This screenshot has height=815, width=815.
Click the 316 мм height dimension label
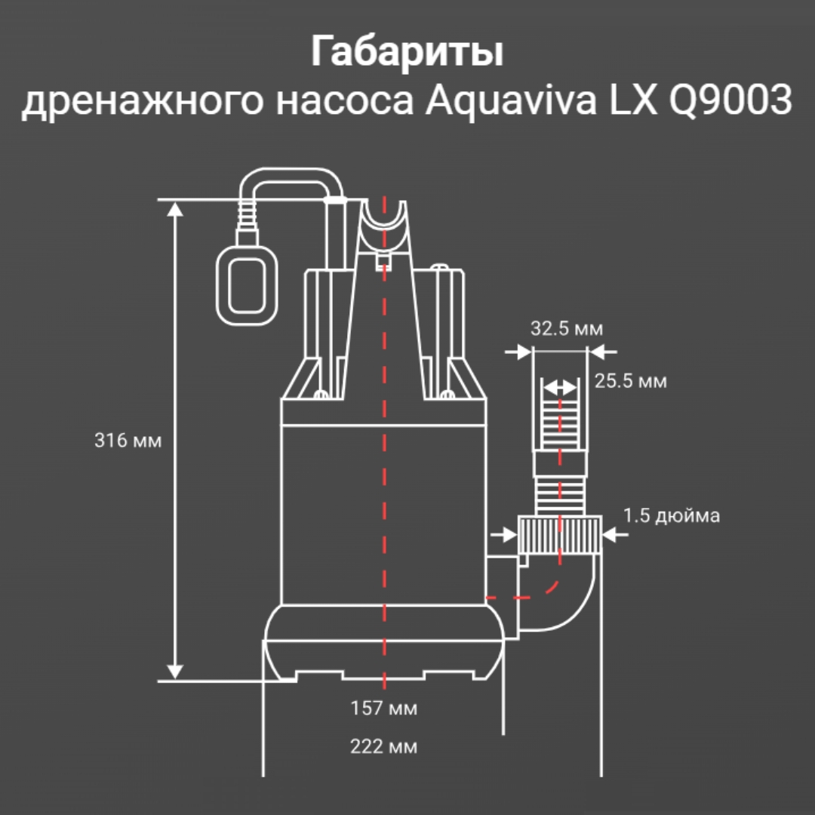(128, 441)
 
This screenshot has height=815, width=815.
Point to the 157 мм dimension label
(383, 709)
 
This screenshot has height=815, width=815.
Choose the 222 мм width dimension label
(383, 747)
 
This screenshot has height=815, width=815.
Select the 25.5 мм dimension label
(630, 381)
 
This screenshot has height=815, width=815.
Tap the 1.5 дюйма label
(671, 516)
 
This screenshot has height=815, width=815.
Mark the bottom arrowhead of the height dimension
(175, 671)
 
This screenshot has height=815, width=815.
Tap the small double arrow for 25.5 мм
(559, 387)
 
